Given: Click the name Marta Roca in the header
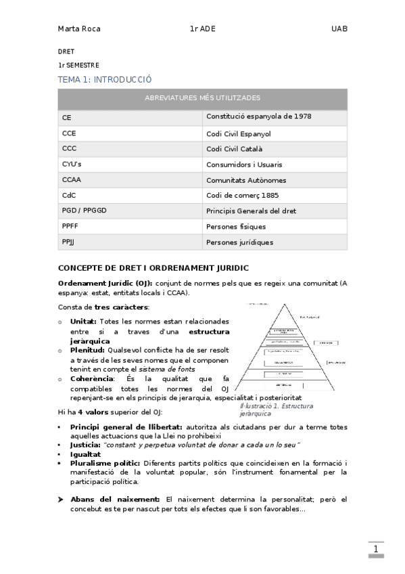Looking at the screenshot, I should point(79,29).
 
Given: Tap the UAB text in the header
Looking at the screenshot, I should point(339,29).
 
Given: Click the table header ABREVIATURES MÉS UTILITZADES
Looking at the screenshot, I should point(202,99).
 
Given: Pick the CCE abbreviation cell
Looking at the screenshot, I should point(69,133).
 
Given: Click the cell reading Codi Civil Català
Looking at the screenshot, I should point(235,149).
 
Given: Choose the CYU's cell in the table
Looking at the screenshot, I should point(72,164).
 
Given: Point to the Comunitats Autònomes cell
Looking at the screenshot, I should point(246,180).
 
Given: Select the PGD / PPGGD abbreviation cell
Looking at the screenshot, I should point(85,211).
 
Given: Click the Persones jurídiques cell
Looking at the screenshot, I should point(240,242).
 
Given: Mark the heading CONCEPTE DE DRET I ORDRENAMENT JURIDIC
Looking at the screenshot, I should point(153,269).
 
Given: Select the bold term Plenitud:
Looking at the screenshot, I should point(87,351).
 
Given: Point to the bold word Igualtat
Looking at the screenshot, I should point(85,454).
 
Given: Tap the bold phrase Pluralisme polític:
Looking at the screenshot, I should point(105,463).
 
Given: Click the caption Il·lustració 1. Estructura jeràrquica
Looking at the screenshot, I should point(266,409).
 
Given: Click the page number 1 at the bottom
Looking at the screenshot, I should point(375,550).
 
